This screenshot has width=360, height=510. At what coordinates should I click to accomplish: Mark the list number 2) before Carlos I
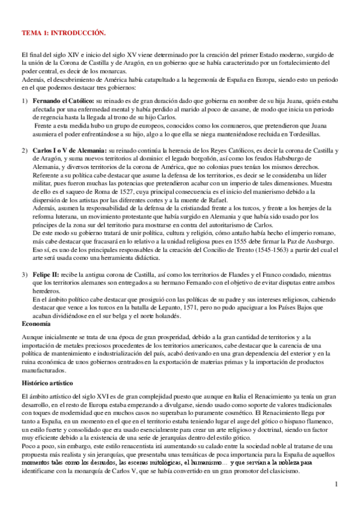pyautogui.click(x=25, y=149)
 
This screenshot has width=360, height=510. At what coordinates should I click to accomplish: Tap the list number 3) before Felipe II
pyautogui.click(x=25, y=275)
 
